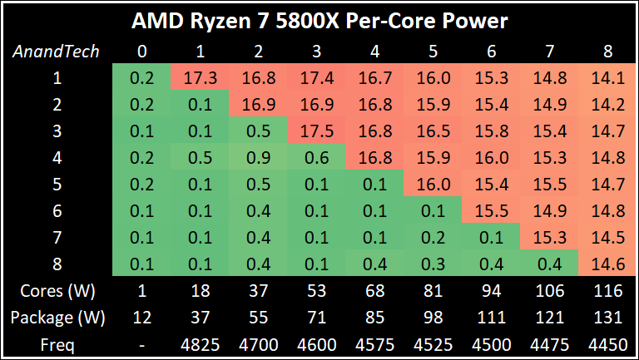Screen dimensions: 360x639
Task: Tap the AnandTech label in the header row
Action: (57, 52)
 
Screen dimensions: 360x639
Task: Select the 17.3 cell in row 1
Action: (200, 78)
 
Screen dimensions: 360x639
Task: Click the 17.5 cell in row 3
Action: (315, 132)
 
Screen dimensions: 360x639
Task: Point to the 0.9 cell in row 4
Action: (257, 158)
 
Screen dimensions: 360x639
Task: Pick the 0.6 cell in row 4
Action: (315, 158)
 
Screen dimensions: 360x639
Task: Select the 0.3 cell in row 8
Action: (432, 264)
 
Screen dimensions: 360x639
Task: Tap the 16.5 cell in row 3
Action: (432, 132)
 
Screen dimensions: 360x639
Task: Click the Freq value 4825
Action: (200, 343)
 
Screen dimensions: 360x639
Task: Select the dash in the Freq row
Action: (142, 343)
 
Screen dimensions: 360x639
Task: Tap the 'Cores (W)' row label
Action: (57, 291)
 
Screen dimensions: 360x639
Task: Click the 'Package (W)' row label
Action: (57, 317)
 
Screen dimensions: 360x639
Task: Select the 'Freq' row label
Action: (57, 343)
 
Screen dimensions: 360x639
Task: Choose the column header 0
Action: (142, 52)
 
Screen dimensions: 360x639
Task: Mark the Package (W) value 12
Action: (142, 317)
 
